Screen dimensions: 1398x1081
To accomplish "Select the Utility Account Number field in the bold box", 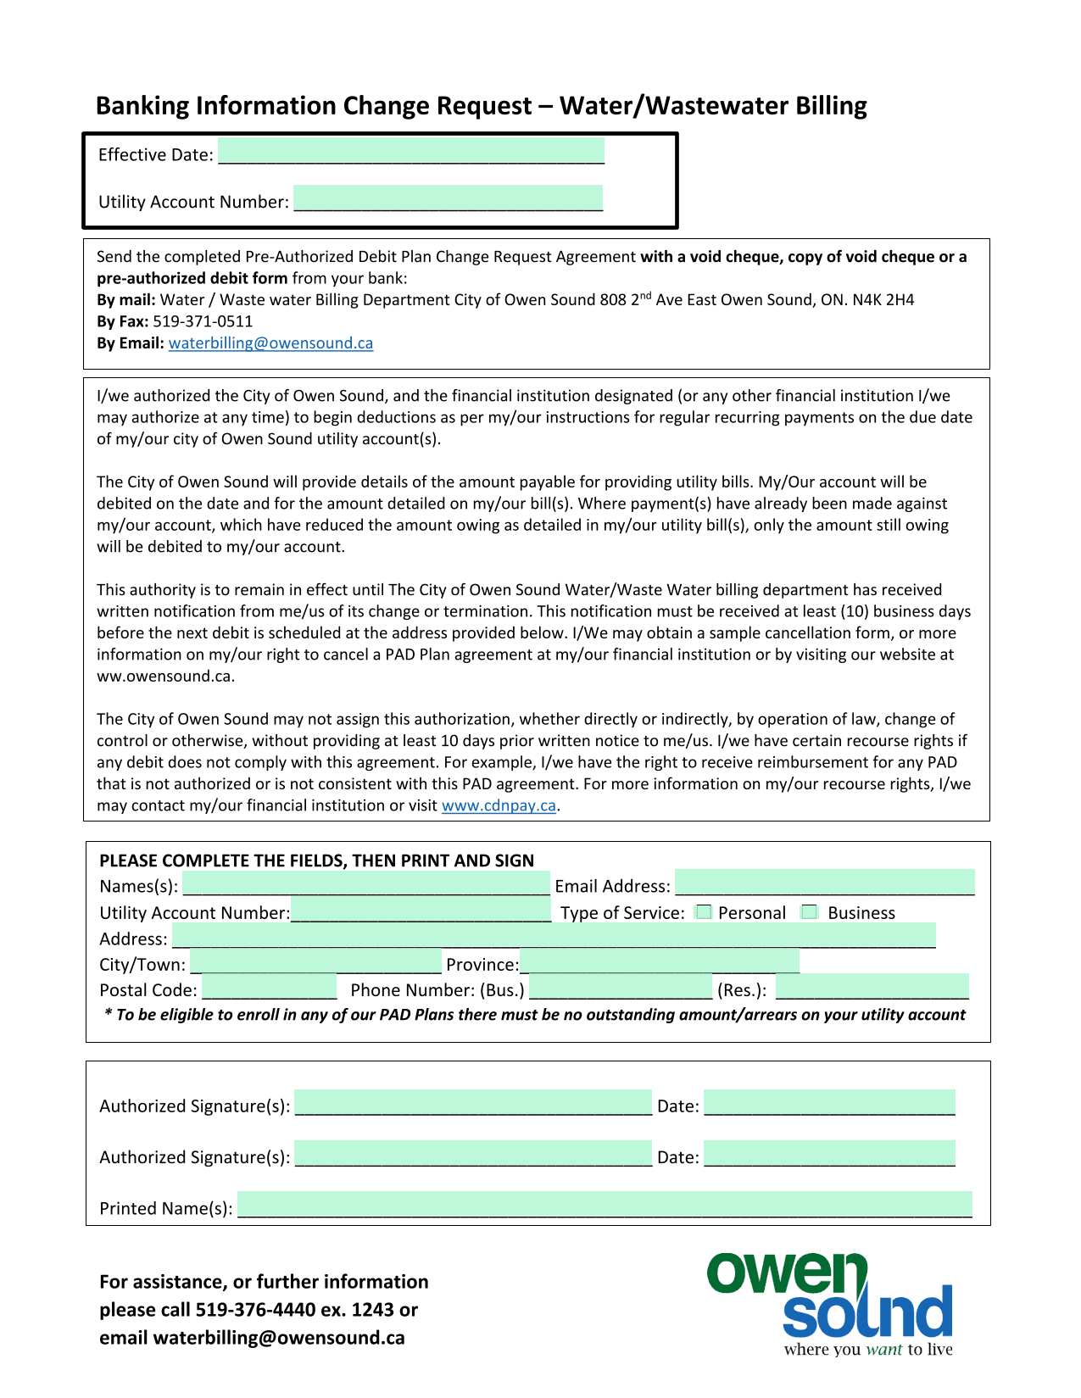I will [448, 198].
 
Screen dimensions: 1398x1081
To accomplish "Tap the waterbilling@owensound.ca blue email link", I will [270, 343].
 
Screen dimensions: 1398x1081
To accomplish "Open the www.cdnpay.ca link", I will [499, 806].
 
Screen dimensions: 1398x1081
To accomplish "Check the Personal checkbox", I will [703, 912].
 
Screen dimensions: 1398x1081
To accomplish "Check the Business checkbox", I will [810, 912].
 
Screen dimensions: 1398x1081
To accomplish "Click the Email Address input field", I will [824, 883].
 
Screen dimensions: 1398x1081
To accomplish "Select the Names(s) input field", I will [366, 883].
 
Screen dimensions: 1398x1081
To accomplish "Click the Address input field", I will [554, 936].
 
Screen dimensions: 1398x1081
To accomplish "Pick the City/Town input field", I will [315, 962].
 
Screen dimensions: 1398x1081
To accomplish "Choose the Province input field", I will [660, 962].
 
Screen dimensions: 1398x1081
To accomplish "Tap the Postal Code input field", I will [270, 988].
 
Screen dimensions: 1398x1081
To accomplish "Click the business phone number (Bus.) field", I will [621, 988].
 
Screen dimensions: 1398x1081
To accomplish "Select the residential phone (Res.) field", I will [872, 988].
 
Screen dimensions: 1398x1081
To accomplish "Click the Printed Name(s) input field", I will [605, 1205].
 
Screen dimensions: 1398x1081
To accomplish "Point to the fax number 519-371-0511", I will [203, 321].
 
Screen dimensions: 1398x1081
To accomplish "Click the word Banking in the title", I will [142, 106].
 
